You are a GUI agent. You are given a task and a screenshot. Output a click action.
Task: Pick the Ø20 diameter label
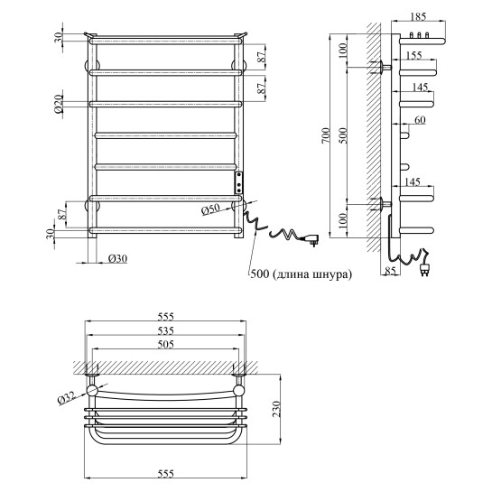[x=57, y=106]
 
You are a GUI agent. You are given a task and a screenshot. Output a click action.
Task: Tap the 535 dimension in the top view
[x=164, y=331]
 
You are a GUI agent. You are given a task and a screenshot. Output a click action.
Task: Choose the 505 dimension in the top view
[x=164, y=345]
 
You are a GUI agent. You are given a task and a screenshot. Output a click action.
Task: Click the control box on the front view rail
[x=238, y=184]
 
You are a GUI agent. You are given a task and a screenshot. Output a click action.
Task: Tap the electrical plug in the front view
[x=316, y=238]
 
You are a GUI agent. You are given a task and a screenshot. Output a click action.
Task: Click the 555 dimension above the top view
[x=164, y=316]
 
